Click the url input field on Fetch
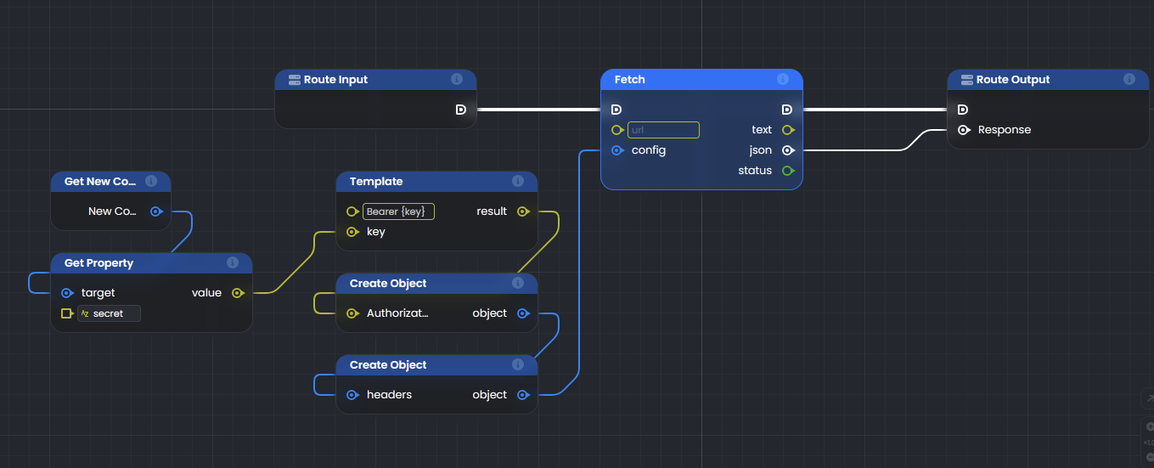[663, 130]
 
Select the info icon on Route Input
[457, 79]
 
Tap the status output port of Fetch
[788, 171]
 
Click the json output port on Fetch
[788, 150]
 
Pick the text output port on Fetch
[788, 130]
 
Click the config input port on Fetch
[617, 150]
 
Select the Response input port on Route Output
[964, 130]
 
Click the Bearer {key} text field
[398, 211]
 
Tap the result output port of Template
[523, 211]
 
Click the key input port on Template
[352, 232]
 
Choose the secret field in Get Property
[109, 313]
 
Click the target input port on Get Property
[67, 293]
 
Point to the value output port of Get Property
[238, 293]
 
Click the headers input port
[352, 395]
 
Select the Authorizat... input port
[352, 313]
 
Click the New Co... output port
[156, 211]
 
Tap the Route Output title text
[1013, 79]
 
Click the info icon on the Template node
[518, 181]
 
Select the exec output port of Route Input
[461, 110]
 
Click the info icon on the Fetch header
[783, 79]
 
